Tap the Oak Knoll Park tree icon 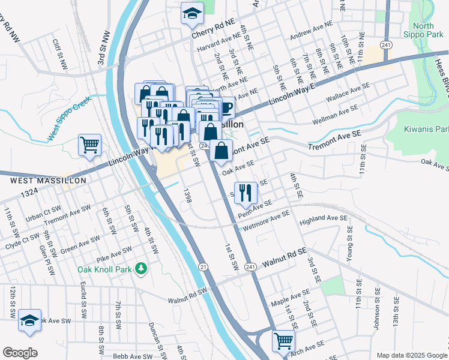[x=141, y=268]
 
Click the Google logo [x=20, y=353]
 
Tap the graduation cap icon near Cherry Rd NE [x=191, y=13]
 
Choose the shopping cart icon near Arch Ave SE [x=283, y=340]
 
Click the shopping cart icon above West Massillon [x=89, y=144]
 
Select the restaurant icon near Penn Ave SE [x=245, y=192]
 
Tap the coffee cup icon [x=226, y=107]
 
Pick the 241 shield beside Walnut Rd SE [x=251, y=266]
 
